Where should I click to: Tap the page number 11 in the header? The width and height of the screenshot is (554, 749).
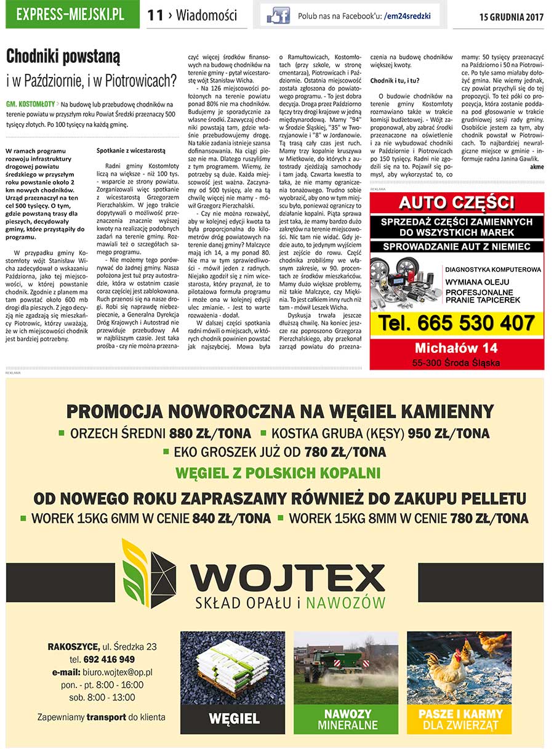point(155,15)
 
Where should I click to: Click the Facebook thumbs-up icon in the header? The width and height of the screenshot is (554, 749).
point(278,15)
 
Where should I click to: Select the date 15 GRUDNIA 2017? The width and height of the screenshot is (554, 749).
point(511,17)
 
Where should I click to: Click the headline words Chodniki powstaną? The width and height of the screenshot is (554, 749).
point(63,57)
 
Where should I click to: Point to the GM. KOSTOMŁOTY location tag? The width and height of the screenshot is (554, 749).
point(30,105)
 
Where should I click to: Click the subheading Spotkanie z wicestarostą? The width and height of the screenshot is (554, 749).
point(130,150)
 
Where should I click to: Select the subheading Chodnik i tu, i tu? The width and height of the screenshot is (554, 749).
point(395,81)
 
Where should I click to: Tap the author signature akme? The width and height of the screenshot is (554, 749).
point(536,166)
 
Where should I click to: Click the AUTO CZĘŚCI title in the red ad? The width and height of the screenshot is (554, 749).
point(456,203)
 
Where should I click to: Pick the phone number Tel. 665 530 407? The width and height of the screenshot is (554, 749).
point(456,323)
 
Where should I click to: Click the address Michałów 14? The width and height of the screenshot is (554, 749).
point(456,348)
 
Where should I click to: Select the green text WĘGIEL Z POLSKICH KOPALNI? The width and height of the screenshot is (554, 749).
point(278,473)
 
